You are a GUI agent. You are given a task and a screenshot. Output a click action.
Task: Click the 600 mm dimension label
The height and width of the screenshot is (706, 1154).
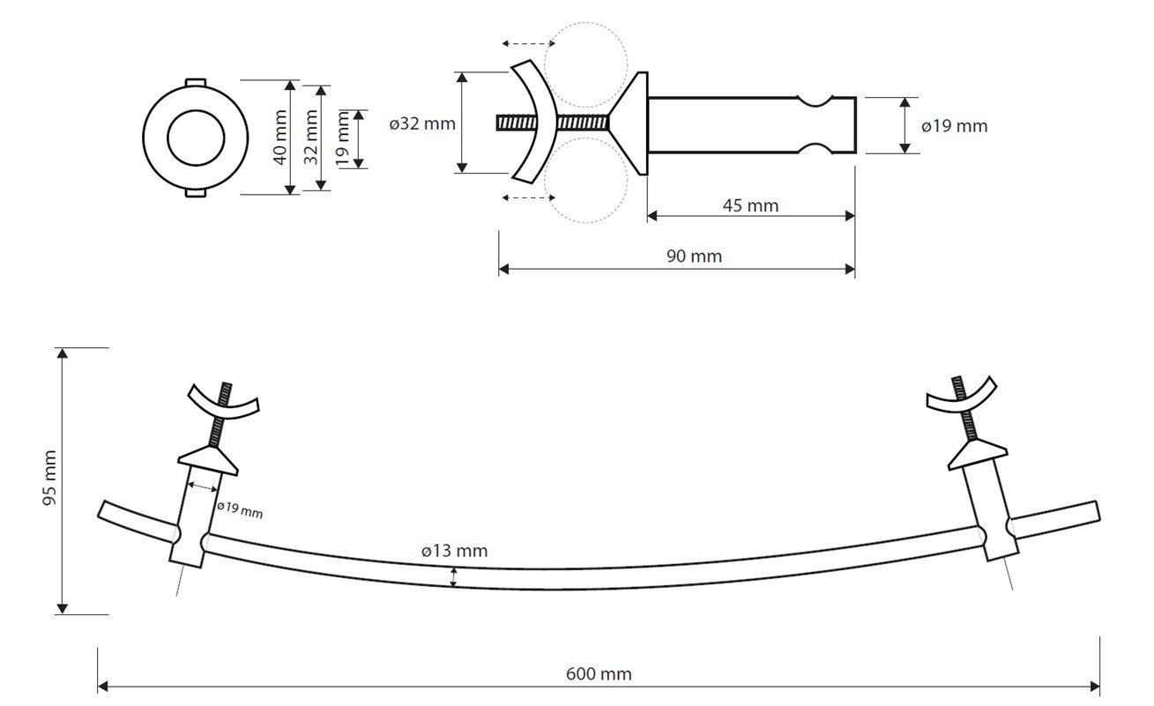[x=599, y=674]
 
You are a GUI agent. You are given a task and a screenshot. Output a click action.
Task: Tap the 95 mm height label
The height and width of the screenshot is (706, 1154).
[x=49, y=479]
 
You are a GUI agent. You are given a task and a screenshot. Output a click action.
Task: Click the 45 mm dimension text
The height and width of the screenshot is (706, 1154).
[x=750, y=206]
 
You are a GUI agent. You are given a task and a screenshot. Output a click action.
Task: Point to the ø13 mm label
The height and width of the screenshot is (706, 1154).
[x=454, y=552]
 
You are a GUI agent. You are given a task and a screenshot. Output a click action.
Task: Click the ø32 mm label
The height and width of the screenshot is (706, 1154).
[x=422, y=123]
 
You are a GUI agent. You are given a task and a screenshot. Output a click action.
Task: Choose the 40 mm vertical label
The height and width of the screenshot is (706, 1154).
[x=279, y=137]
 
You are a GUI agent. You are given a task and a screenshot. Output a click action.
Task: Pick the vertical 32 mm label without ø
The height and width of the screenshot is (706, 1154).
[x=310, y=137]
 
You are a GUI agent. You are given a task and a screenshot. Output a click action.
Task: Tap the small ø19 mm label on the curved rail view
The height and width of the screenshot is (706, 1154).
[x=239, y=510]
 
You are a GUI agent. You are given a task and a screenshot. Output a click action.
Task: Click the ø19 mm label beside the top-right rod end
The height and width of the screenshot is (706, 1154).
[x=954, y=126]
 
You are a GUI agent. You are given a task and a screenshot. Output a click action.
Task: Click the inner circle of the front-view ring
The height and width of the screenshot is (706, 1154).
[x=193, y=137]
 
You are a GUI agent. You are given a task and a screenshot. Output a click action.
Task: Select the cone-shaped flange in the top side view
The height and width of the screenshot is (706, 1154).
[x=629, y=123]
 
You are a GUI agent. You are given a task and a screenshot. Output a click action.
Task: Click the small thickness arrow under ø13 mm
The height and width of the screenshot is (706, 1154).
[x=454, y=577]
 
